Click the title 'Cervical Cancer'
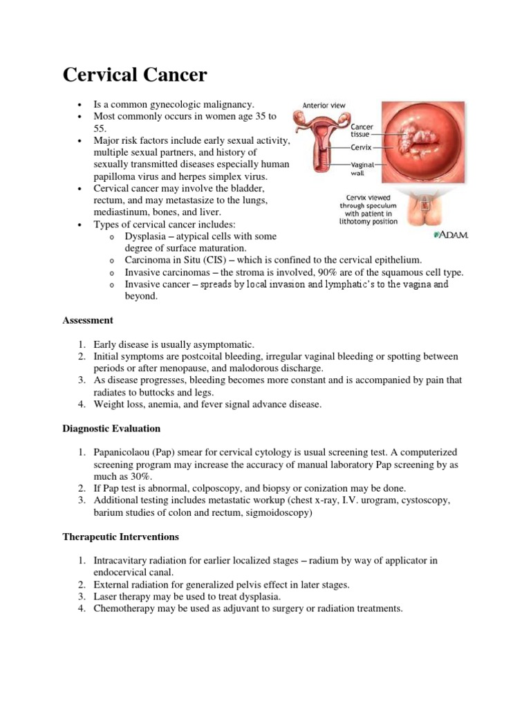point(135,75)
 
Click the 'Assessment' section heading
point(88,320)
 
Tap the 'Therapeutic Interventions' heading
point(121,537)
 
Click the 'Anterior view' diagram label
point(324,106)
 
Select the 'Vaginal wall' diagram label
point(362,169)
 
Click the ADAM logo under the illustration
point(451,235)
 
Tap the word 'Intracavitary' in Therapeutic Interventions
point(120,560)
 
